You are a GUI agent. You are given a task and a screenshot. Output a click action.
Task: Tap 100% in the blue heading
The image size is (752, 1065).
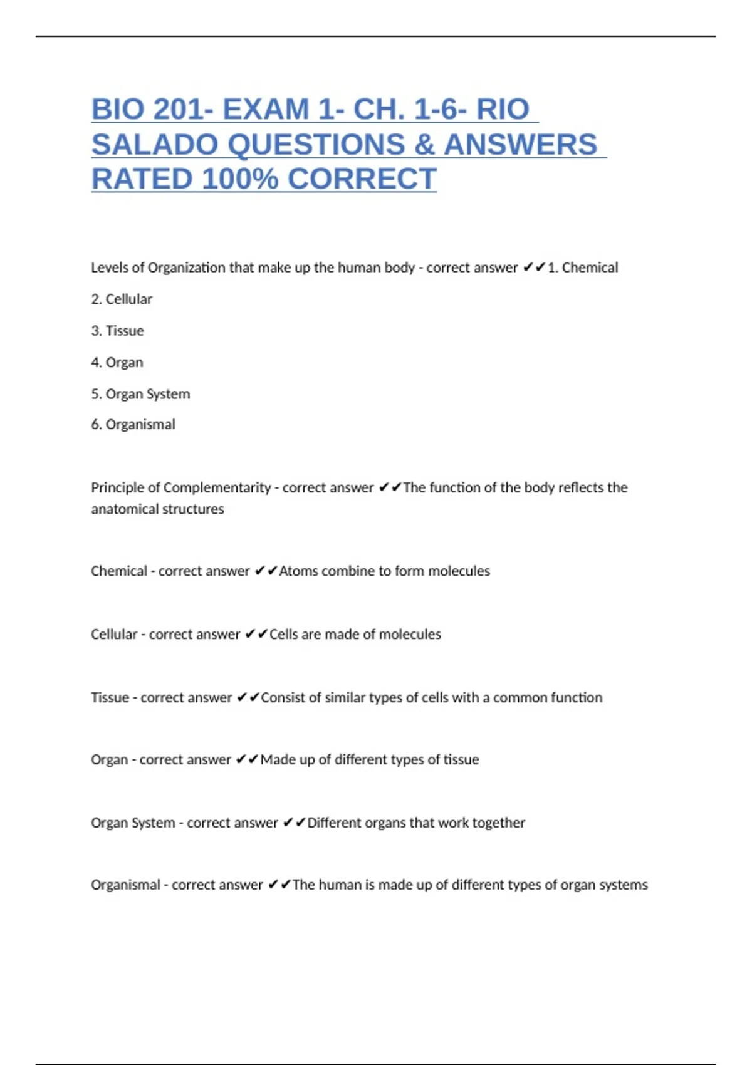pyautogui.click(x=239, y=179)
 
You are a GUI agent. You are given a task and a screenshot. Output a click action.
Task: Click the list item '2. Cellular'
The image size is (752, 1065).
pyautogui.click(x=122, y=299)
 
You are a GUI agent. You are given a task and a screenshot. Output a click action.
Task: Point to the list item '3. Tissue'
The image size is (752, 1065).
pyautogui.click(x=117, y=331)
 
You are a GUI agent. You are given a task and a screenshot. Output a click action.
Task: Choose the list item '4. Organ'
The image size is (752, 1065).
pyautogui.click(x=117, y=363)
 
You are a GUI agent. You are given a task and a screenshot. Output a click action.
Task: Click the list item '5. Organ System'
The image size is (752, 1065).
pyautogui.click(x=140, y=394)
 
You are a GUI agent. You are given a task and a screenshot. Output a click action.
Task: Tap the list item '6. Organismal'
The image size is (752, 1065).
pyautogui.click(x=133, y=425)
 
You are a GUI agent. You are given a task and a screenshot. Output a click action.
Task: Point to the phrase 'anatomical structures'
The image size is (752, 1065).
pyautogui.click(x=157, y=509)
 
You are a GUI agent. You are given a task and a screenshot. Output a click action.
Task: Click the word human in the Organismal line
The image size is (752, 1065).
pyautogui.click(x=340, y=885)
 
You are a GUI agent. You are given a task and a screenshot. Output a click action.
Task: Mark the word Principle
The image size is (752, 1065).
pyautogui.click(x=117, y=487)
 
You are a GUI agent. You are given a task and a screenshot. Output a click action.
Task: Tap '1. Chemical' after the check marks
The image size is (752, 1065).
pyautogui.click(x=583, y=268)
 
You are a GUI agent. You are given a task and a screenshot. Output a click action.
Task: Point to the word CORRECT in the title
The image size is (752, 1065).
pyautogui.click(x=362, y=179)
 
